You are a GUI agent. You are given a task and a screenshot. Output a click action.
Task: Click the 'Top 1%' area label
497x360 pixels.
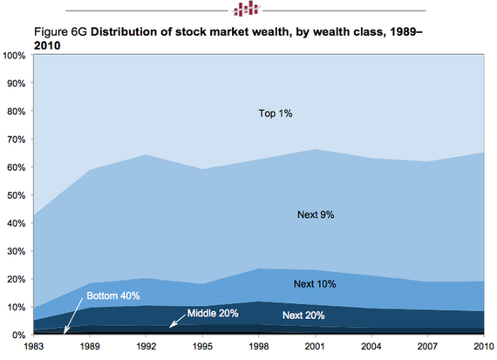(x=276, y=113)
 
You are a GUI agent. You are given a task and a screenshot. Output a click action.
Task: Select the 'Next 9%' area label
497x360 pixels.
(x=316, y=214)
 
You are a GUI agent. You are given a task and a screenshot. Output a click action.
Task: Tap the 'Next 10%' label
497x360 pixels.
(x=315, y=284)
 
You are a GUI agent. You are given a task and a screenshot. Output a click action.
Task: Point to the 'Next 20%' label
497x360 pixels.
(x=303, y=316)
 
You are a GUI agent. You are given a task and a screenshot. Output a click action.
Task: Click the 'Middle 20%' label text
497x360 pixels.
(x=213, y=314)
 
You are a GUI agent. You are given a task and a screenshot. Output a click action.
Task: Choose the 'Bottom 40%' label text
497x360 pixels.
(x=113, y=296)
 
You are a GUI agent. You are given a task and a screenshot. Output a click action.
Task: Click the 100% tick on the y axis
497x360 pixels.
(x=14, y=56)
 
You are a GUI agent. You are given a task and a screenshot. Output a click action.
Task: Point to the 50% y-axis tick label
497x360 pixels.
(x=16, y=195)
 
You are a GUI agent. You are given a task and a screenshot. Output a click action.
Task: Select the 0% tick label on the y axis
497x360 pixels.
(x=18, y=336)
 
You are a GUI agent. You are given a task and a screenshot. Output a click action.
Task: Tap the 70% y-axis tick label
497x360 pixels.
(x=16, y=139)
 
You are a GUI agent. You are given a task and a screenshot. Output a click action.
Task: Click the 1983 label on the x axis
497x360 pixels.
(x=34, y=346)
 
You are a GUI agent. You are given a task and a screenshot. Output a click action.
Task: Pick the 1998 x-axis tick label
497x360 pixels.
(x=259, y=346)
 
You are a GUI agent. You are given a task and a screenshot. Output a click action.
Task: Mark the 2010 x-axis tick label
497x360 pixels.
(x=484, y=346)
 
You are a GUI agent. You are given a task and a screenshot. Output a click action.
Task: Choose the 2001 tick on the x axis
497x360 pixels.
(x=315, y=346)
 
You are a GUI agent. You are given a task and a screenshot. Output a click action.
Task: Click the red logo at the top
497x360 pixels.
(x=246, y=9)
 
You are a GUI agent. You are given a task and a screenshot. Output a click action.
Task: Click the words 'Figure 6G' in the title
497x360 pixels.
(x=60, y=32)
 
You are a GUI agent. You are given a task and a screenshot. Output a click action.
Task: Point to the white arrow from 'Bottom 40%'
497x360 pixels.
(x=73, y=316)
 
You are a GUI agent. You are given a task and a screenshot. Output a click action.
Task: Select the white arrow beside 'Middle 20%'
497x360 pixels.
(x=177, y=321)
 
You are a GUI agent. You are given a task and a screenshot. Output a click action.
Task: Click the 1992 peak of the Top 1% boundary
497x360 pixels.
(x=146, y=154)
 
